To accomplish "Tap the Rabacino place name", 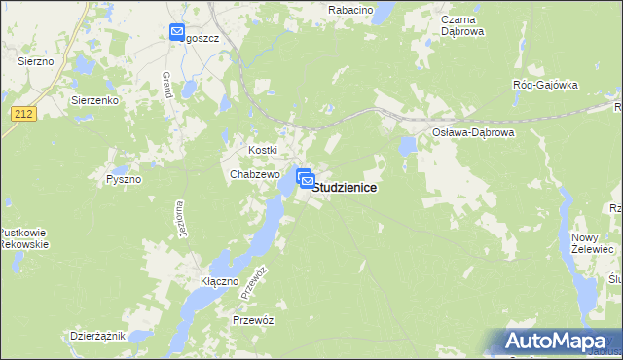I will coord(351,9).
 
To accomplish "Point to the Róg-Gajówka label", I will coord(545,85).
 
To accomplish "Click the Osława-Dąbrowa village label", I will coord(471,131).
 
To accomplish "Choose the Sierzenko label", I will coord(94,100).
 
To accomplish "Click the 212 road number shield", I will coord(24,114).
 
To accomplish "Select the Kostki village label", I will coord(263,150).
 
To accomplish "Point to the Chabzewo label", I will coord(255,174).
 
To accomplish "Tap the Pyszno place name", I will coord(124,179).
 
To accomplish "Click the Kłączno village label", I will coord(219,281).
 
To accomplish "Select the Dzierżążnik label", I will coord(97,336).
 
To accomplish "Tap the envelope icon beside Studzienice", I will coord(305,179).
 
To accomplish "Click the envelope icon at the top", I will coord(177,32).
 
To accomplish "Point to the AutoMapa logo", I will coord(560,342).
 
